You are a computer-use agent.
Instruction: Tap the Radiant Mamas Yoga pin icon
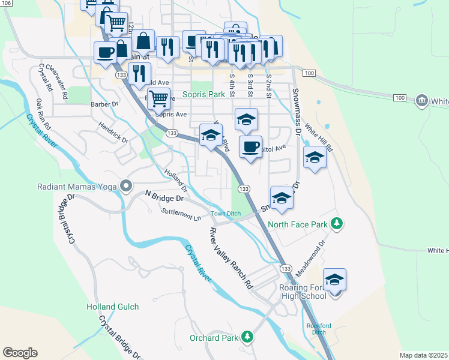point(126,186)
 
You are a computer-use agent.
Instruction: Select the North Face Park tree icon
point(337,224)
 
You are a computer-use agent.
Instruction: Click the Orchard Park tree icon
point(247,337)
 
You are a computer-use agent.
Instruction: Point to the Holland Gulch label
point(112,307)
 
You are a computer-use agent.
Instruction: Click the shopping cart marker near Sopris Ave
point(158,97)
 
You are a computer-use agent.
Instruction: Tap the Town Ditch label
point(225,214)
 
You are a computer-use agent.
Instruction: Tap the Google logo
point(20,353)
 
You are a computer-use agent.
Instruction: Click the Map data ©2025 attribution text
point(424,355)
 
